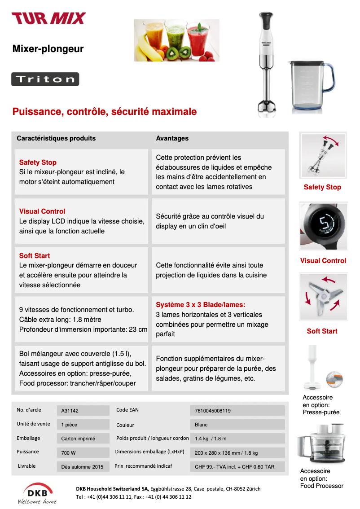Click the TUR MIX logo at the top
pyautogui.click(x=48, y=18)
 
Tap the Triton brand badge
pyautogui.click(x=45, y=79)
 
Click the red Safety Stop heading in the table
pyautogui.click(x=38, y=162)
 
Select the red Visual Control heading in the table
pyautogui.click(x=42, y=211)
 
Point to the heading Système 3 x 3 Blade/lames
pyautogui.click(x=201, y=305)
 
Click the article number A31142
pyautogui.click(x=70, y=411)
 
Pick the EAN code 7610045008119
pyautogui.click(x=213, y=411)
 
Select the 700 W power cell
pyautogui.click(x=69, y=453)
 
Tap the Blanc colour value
pyautogui.click(x=201, y=425)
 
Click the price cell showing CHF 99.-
pyautogui.click(x=234, y=467)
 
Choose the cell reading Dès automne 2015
pyautogui.click(x=82, y=467)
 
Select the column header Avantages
pyautogui.click(x=172, y=138)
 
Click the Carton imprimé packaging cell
pyautogui.click(x=78, y=439)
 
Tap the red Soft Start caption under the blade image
pyautogui.click(x=322, y=331)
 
